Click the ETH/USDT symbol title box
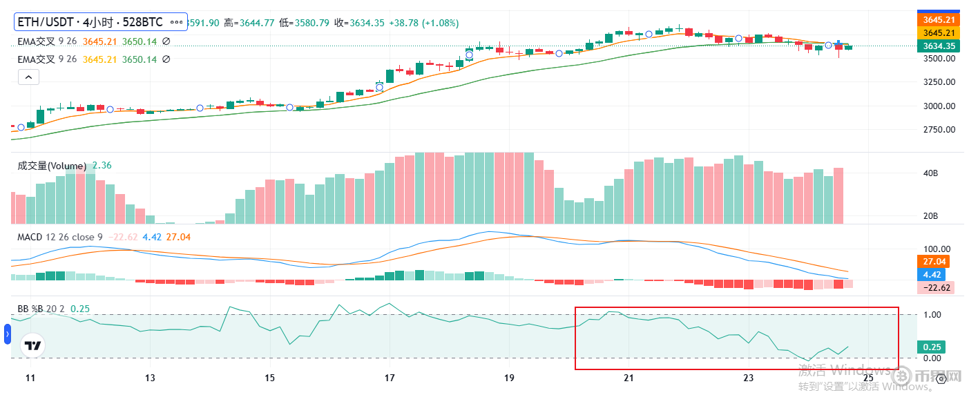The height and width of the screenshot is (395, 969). click(x=101, y=23)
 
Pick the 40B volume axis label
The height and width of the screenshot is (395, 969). click(x=930, y=173)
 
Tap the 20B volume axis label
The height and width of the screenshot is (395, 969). click(x=930, y=216)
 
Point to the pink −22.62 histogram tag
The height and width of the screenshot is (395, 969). click(x=936, y=288)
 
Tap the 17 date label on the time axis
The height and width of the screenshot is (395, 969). click(x=390, y=378)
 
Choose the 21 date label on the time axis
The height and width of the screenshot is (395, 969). click(x=629, y=378)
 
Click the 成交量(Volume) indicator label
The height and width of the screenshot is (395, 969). click(x=52, y=166)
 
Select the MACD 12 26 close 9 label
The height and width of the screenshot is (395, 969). click(x=61, y=237)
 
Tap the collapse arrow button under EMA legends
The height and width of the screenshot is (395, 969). click(x=28, y=77)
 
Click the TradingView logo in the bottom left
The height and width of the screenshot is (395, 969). click(x=32, y=345)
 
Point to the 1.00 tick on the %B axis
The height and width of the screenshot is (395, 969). click(x=932, y=315)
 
